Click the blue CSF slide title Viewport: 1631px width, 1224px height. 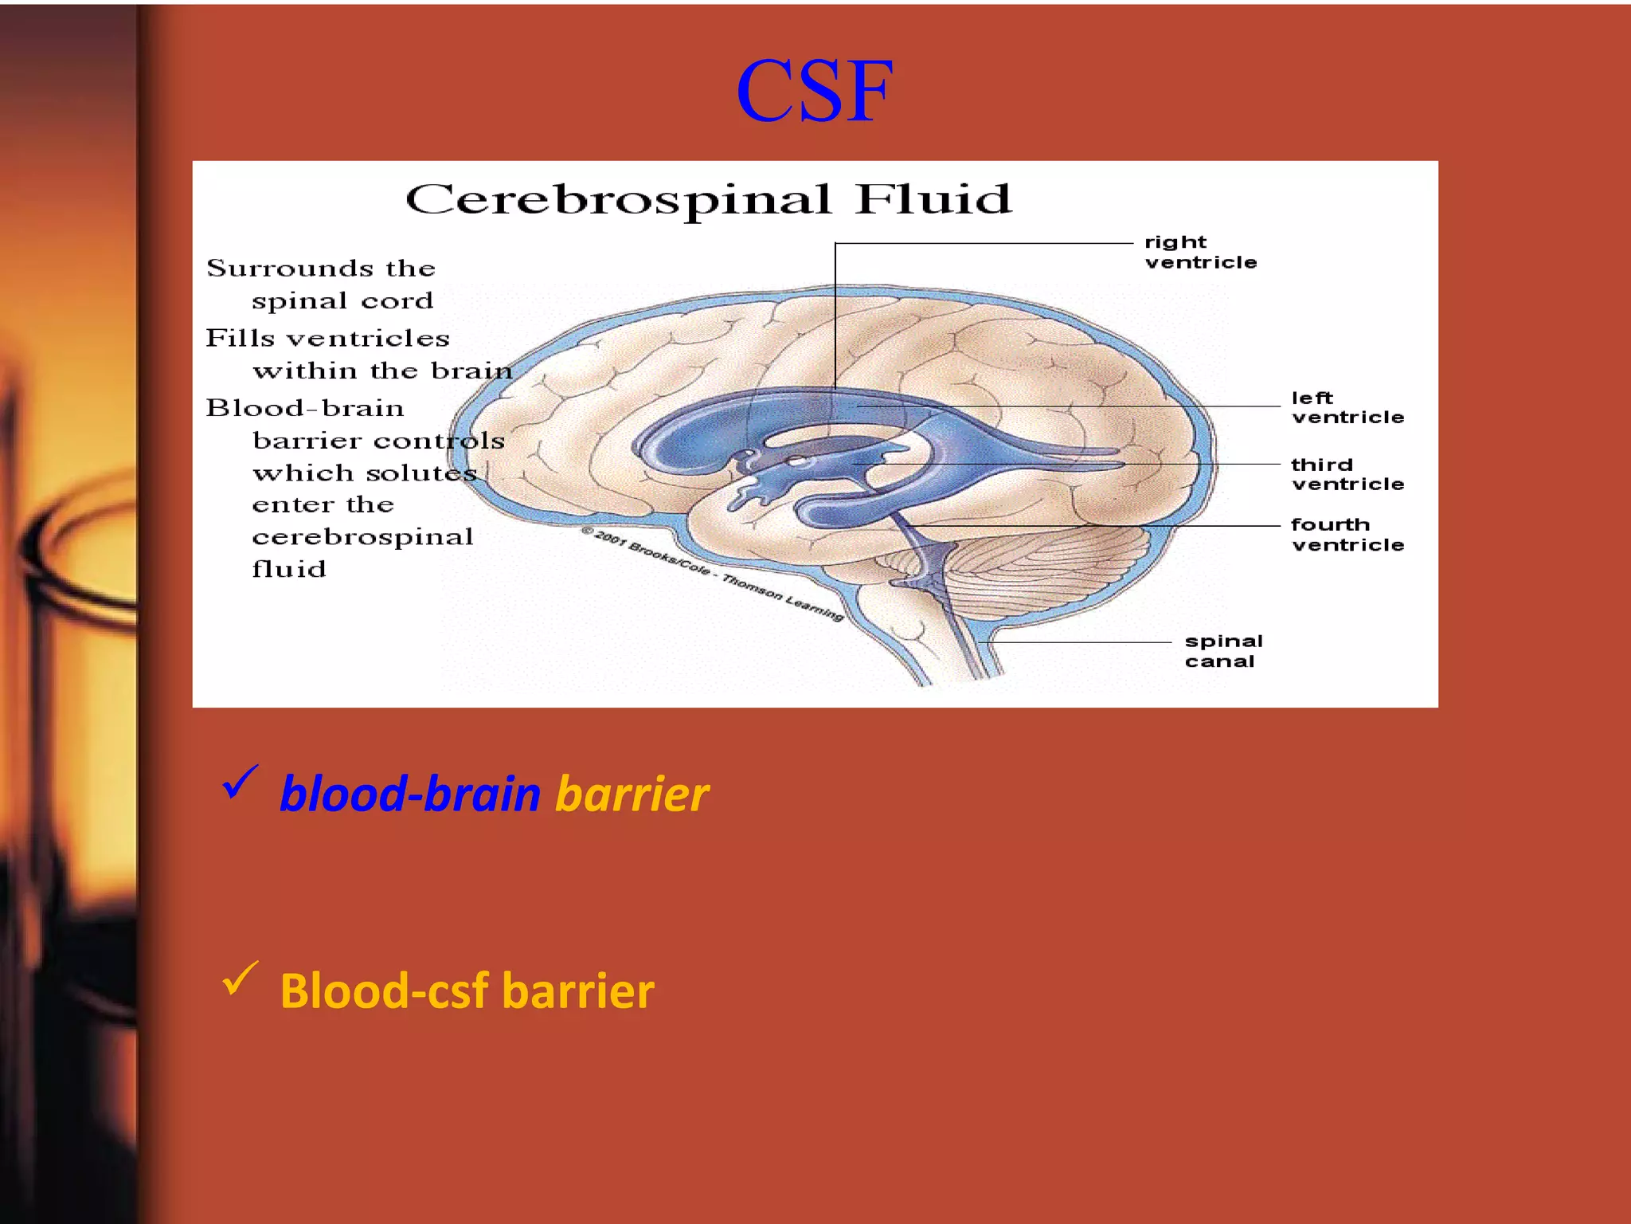click(x=814, y=91)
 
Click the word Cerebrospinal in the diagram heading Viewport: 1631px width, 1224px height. click(x=618, y=200)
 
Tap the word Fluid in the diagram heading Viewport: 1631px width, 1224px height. click(x=933, y=198)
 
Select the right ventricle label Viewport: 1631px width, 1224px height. click(x=1200, y=252)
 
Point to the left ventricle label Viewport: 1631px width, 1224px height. click(x=1347, y=407)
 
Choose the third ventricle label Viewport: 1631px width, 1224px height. click(x=1347, y=474)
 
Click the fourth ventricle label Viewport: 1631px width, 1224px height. click(x=1347, y=535)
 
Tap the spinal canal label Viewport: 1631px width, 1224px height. click(x=1223, y=651)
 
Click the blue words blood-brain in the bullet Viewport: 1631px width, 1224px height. click(x=410, y=794)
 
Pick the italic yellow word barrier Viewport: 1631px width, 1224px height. click(x=632, y=794)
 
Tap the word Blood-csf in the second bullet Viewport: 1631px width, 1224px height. click(x=384, y=991)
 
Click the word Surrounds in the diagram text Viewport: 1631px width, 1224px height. click(x=289, y=269)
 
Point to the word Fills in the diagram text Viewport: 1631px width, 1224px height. click(x=239, y=339)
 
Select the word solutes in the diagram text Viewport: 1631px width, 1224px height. click(x=421, y=473)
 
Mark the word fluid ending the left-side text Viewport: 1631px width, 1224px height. click(x=289, y=569)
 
